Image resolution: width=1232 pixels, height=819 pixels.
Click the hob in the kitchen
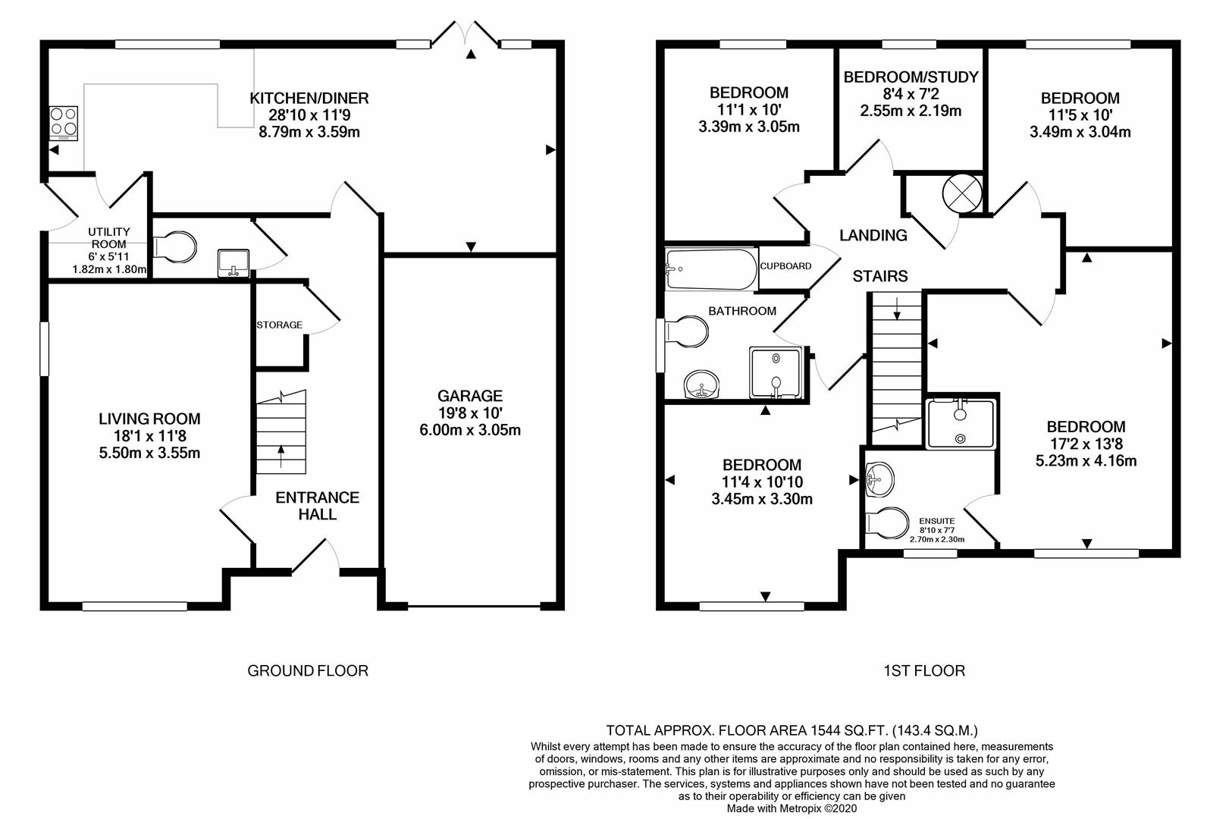(x=63, y=123)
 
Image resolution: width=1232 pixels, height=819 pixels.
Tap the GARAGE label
(x=470, y=396)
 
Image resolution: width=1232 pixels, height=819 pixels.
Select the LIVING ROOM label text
(x=149, y=419)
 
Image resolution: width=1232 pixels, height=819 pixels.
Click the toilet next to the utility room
(x=176, y=246)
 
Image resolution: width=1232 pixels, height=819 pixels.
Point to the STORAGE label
(x=279, y=325)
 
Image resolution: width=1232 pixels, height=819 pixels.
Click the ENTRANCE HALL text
(x=317, y=506)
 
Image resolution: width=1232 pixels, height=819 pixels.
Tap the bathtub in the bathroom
(x=711, y=269)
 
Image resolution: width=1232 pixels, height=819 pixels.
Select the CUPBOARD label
(x=785, y=266)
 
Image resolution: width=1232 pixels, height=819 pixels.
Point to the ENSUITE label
(x=936, y=521)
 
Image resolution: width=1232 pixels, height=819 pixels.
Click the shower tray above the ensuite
(x=961, y=422)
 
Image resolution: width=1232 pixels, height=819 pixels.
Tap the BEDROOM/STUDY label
(x=911, y=77)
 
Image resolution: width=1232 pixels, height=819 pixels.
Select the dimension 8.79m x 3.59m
(x=309, y=132)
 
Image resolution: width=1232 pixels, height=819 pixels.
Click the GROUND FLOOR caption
(x=308, y=670)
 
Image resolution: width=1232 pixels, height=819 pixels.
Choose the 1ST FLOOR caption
(x=924, y=670)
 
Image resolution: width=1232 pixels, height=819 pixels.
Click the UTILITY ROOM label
(x=109, y=238)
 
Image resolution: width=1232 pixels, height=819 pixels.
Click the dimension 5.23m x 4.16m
(x=1086, y=460)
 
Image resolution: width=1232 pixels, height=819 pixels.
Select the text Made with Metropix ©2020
(x=792, y=809)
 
